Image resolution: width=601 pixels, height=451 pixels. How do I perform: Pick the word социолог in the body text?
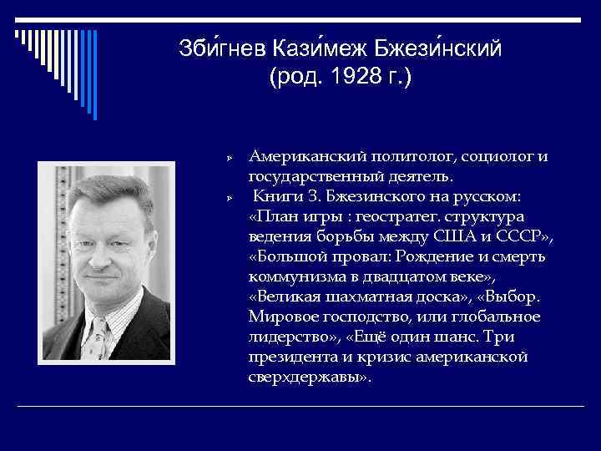495,157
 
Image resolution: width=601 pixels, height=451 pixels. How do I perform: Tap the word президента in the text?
290,357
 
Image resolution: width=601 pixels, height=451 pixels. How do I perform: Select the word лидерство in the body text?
288,337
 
